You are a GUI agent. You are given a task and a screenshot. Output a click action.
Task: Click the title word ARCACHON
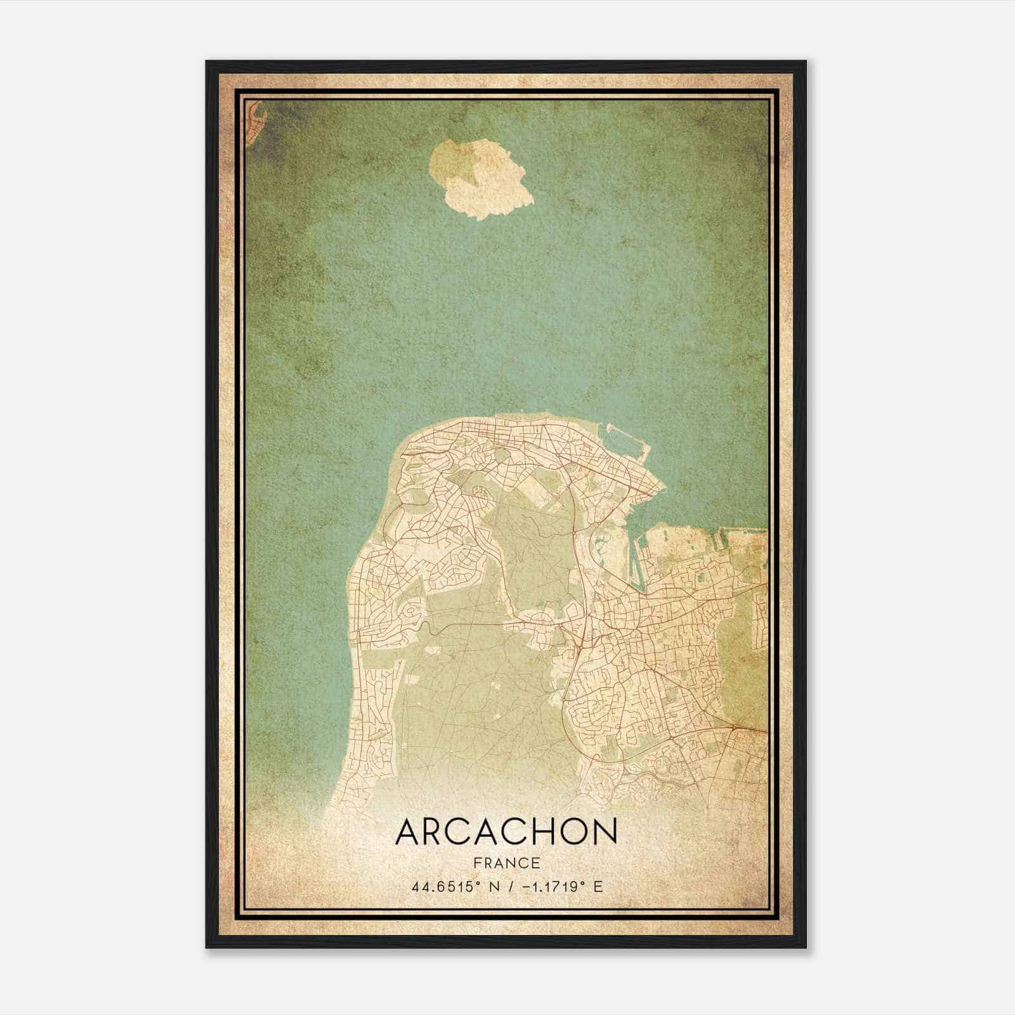506,832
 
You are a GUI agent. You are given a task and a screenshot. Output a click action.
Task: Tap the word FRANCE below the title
506,863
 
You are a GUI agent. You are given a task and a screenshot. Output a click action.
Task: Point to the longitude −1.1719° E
550,886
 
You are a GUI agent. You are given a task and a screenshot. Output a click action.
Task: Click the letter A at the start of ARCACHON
408,832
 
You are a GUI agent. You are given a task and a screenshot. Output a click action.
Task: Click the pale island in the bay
481,178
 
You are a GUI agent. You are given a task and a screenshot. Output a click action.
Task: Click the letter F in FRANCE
476,863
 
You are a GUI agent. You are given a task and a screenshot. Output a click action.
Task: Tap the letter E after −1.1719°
597,886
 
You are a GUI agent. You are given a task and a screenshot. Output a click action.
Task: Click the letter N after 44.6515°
483,886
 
